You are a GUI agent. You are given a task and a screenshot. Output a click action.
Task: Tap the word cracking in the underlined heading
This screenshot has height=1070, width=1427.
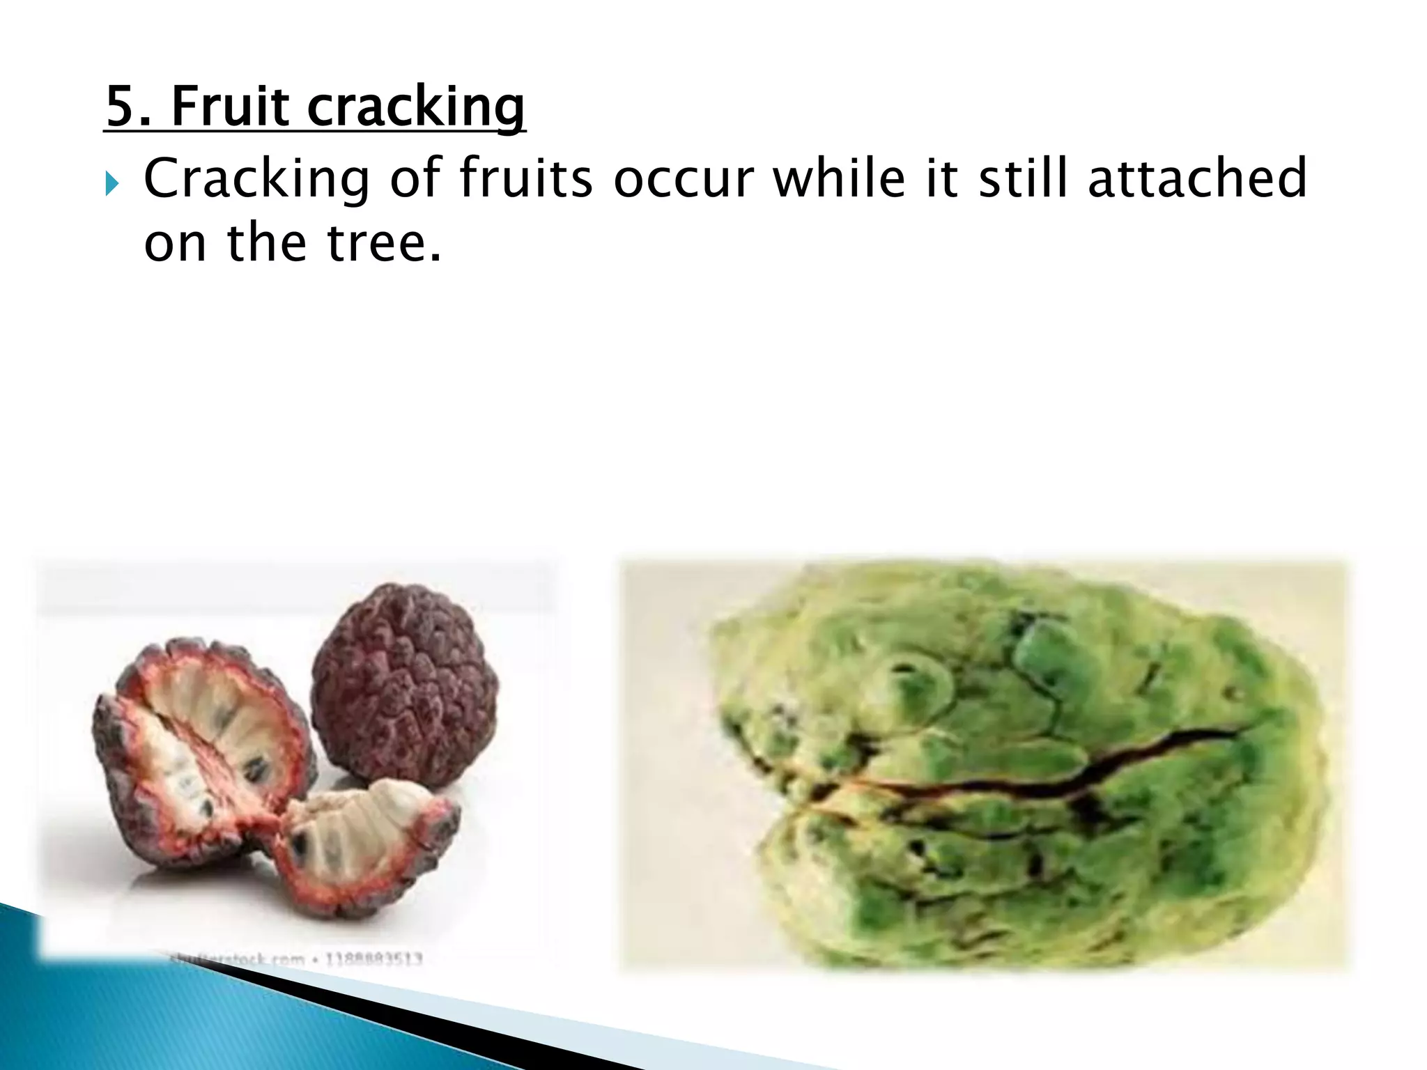click(x=416, y=108)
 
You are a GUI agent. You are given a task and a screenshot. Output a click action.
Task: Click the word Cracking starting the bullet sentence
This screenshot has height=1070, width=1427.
click(x=256, y=180)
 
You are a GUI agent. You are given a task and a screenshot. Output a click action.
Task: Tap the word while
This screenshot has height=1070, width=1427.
click(x=838, y=178)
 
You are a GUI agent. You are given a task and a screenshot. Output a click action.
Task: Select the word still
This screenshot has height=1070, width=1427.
click(x=1022, y=178)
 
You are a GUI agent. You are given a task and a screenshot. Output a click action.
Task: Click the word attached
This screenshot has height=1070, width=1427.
click(x=1197, y=178)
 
